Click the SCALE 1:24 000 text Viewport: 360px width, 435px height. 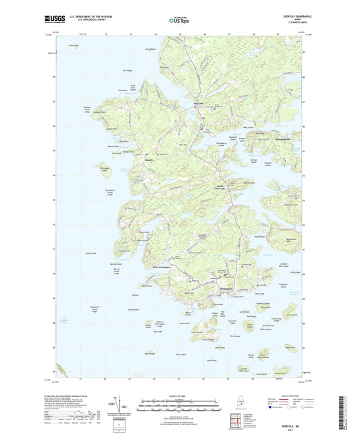180,396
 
